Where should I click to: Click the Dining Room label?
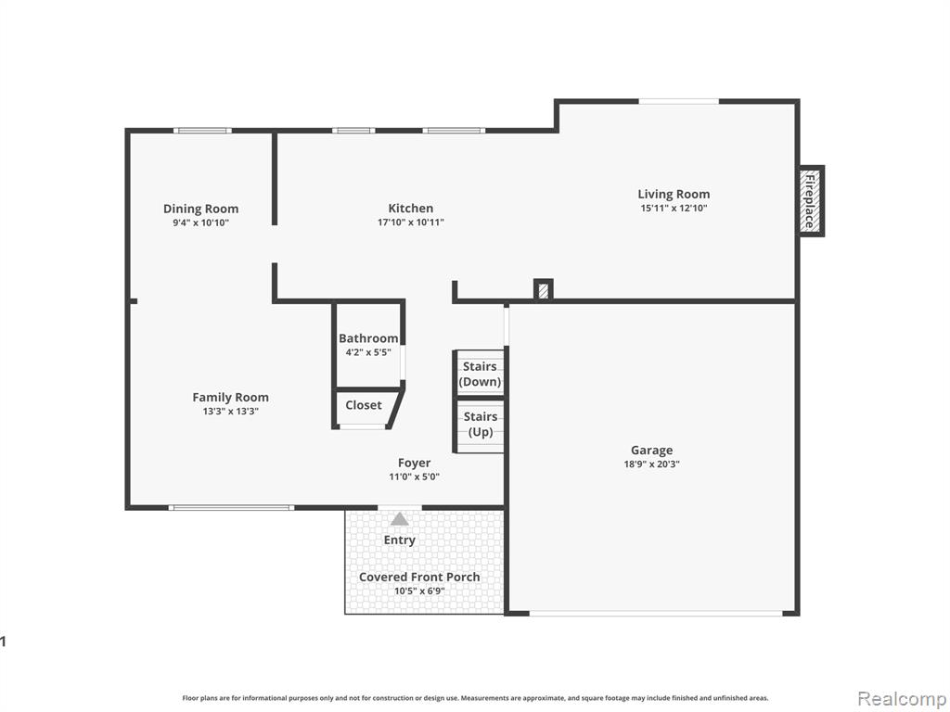(201, 209)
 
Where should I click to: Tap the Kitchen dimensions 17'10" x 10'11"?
(411, 222)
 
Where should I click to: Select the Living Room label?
(674, 195)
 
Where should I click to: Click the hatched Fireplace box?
(809, 200)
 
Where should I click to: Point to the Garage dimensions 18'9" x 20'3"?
(652, 464)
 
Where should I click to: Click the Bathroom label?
(368, 338)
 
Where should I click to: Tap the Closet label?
(364, 405)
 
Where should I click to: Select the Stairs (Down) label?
(480, 375)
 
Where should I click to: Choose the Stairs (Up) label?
(481, 425)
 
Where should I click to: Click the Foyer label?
(415, 464)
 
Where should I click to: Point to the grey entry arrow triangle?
(399, 519)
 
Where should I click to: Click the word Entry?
(399, 540)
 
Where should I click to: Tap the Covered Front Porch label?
(419, 577)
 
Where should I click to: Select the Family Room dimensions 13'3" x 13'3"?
(231, 412)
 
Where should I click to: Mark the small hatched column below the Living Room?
(544, 289)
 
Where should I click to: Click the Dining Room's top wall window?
(202, 130)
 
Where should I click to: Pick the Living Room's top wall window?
(678, 101)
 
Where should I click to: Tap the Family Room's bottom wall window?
(231, 508)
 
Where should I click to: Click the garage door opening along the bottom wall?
(656, 614)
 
